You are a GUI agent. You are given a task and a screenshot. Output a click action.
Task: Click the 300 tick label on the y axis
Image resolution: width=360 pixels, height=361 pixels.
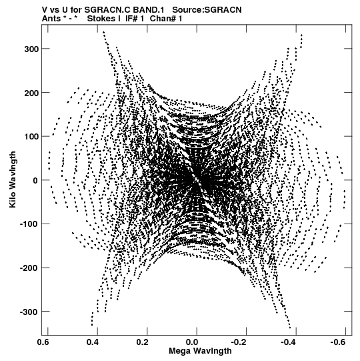coord(32,49)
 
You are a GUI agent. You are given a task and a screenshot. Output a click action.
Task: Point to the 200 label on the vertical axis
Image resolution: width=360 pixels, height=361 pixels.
coord(32,93)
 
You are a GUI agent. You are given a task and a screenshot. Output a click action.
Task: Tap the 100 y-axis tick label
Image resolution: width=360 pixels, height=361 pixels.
coord(32,137)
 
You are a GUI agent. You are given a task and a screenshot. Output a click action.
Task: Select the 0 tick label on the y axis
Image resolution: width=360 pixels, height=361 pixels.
coord(35,180)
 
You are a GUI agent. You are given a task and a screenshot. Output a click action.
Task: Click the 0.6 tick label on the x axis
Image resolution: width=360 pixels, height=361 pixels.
coord(43,342)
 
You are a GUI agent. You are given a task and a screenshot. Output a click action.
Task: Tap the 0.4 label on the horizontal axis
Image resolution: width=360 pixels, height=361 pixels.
coord(93,342)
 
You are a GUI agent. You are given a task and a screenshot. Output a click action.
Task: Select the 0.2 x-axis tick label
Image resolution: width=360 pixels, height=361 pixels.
coord(143,342)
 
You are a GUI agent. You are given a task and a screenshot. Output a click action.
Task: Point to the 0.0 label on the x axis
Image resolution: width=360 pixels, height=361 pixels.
coord(192,342)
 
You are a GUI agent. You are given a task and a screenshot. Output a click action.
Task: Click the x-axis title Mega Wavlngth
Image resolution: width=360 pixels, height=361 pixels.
coord(200,351)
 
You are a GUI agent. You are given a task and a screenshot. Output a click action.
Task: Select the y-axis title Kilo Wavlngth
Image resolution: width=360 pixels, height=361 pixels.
coord(13,179)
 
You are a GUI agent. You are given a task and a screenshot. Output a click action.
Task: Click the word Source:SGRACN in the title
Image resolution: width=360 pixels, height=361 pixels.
coord(207,10)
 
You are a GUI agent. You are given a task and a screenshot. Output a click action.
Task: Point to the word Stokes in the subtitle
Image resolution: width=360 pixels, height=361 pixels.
coord(101,19)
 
